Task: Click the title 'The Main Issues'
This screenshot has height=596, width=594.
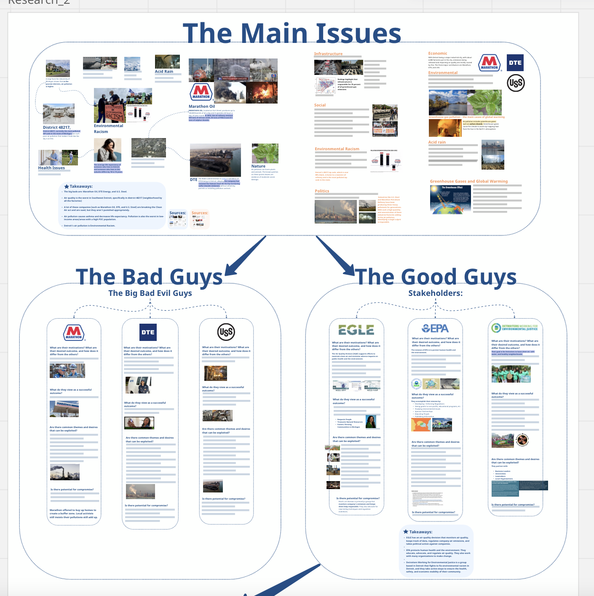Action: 292,33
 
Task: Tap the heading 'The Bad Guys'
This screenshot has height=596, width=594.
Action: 149,277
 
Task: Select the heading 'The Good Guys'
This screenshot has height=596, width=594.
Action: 436,277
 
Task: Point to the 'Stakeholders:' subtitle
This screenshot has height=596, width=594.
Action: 435,293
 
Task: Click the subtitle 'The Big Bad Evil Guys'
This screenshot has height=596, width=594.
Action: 150,293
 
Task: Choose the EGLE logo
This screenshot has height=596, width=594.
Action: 356,330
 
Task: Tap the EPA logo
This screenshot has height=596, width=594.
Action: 435,328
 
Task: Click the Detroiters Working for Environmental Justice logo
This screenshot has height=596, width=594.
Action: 515,328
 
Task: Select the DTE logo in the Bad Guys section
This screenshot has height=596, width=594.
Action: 148,332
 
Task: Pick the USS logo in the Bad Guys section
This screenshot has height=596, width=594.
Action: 226,332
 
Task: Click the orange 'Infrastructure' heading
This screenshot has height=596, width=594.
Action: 328,54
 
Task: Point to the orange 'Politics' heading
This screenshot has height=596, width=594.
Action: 322,191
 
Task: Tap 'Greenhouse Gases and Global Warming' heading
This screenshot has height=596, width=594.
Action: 468,181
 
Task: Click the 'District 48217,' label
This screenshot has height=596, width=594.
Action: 56,128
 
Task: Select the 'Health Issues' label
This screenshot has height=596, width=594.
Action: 51,168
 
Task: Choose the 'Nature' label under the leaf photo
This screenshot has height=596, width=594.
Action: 258,166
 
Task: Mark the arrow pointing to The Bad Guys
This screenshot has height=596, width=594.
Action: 244,257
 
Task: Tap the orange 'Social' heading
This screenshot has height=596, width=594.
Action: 320,105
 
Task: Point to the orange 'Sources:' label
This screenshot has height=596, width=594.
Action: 200,213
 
